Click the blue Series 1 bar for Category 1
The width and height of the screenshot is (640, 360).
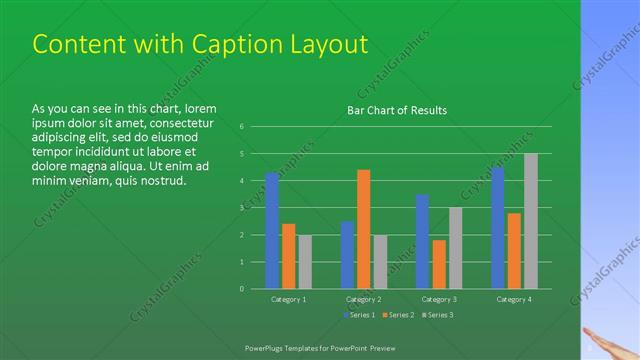[x=272, y=231]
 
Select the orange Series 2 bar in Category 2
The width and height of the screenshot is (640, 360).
[x=363, y=229]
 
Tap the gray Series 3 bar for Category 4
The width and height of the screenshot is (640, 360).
[x=530, y=221]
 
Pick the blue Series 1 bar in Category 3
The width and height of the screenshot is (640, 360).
[x=422, y=241]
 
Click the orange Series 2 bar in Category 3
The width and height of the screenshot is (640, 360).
[x=439, y=264]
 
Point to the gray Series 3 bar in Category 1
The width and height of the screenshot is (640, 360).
[x=304, y=262]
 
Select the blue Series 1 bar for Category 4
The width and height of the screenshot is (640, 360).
[x=498, y=228]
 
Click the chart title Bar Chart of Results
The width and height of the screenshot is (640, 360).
[x=397, y=110]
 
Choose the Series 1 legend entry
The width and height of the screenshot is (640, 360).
[x=360, y=316]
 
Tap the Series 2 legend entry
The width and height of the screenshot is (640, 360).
[x=397, y=316]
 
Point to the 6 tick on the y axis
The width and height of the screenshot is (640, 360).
[x=241, y=127]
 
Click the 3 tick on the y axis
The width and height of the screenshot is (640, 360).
[x=241, y=208]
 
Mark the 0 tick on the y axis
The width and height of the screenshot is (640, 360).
[x=241, y=289]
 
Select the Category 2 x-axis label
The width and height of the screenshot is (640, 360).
[x=363, y=299]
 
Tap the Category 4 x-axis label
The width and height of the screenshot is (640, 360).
[x=514, y=299]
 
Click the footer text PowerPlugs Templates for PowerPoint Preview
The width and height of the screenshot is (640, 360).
[x=329, y=347]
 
